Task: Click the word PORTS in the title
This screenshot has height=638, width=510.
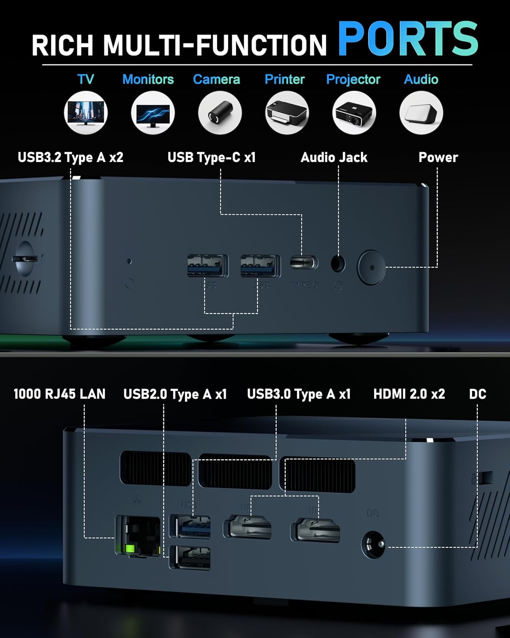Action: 408,39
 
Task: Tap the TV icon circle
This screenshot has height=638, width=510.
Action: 86,113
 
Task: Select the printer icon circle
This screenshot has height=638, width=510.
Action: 287,113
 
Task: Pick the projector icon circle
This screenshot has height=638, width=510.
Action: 354,113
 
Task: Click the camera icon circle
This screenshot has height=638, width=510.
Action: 220,113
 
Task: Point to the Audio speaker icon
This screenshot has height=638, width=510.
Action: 421,113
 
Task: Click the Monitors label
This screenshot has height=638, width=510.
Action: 148,79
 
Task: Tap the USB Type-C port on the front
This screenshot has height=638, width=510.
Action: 304,262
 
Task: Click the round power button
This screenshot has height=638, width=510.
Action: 371,267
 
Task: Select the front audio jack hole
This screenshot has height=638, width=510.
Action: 338,264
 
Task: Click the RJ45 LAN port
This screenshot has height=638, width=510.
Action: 137,535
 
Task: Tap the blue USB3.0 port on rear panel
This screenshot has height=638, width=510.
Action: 190,527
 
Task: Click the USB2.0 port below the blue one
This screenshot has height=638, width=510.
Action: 190,557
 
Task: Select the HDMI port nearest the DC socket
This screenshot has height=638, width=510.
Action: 315,530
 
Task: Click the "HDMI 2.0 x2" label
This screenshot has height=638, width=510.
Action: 409,394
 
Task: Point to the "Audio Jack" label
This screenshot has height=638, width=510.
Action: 334,157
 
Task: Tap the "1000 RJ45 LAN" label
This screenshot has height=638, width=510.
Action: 59,394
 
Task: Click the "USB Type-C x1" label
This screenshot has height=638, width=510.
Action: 212,157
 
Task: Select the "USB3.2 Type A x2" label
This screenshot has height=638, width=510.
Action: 71,157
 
